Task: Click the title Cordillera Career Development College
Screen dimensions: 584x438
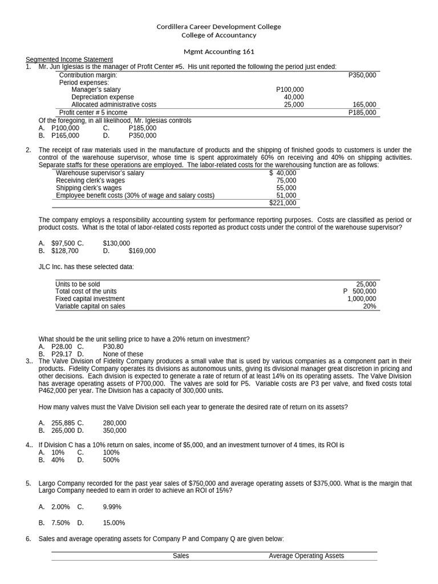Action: (218, 27)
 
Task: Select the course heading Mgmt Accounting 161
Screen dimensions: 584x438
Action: (218, 51)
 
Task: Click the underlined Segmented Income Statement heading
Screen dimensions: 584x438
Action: (70, 60)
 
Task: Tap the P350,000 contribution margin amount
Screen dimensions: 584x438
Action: (362, 75)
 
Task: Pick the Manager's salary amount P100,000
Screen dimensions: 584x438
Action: (290, 90)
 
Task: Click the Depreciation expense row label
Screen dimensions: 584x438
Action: (102, 97)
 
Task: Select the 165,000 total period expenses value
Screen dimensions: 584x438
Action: (364, 104)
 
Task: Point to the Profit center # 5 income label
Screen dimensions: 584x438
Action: (93, 112)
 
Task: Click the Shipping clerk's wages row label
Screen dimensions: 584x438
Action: (88, 188)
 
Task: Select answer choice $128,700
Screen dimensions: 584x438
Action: (65, 250)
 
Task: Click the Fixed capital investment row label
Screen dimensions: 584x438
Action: (90, 298)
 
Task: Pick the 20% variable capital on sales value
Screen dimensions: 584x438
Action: (369, 306)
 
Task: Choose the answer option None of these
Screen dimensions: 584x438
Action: (123, 354)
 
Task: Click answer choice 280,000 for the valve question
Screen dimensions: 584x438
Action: (115, 423)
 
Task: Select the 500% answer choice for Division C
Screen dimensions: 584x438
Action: (111, 460)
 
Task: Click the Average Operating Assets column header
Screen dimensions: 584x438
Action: (306, 555)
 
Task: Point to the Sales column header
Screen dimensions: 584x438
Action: (181, 555)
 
